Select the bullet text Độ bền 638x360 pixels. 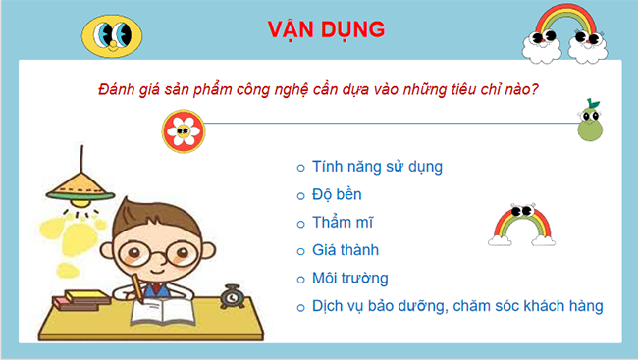point(339,194)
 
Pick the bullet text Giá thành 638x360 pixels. point(345,250)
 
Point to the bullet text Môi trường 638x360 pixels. point(349,278)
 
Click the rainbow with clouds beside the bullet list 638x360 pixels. point(523,225)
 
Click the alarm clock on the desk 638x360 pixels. point(233,294)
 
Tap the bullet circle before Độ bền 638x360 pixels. point(300,195)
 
